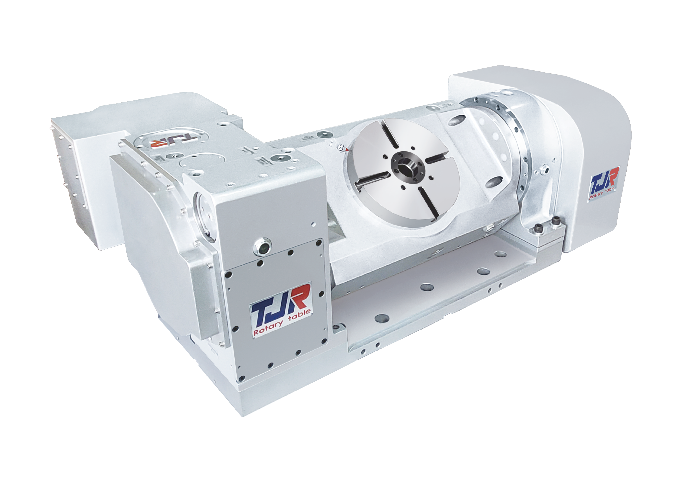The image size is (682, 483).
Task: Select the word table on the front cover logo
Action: [299, 316]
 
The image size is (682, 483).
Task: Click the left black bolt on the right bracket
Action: [538, 228]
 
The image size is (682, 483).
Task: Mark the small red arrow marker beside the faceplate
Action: [345, 149]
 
